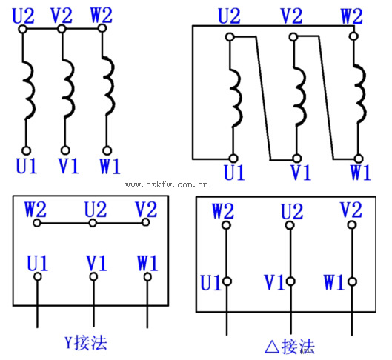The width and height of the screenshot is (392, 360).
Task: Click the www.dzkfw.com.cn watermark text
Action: point(167,184)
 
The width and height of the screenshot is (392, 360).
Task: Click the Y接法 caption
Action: point(86,342)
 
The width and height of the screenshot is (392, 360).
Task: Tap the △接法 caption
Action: point(290,347)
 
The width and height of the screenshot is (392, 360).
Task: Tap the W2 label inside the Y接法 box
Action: point(36,210)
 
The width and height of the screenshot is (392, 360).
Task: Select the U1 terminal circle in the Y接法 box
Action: point(38,276)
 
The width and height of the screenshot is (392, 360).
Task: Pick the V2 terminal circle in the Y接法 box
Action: point(145,222)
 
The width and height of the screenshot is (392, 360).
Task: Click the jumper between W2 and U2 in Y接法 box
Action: point(64,223)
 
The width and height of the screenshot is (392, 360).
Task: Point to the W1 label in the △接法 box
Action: point(333,281)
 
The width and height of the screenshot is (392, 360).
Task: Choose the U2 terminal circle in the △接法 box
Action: point(290,225)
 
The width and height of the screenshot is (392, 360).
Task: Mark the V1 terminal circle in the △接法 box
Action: point(290,281)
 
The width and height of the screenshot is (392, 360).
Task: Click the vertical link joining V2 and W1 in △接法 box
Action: point(352,253)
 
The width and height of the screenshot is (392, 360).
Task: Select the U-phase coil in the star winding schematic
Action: point(29,90)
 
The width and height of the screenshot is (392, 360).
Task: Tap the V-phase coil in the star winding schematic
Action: point(68,88)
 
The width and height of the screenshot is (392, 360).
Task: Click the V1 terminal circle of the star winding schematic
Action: point(65,150)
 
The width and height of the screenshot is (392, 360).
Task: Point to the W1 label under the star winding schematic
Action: point(110,166)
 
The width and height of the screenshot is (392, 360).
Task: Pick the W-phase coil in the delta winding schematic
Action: point(360,93)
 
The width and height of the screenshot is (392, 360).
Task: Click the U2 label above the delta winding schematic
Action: point(229,16)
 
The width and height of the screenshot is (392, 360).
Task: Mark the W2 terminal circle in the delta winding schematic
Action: point(353,36)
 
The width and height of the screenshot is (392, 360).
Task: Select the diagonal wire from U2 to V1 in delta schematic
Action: point(263,99)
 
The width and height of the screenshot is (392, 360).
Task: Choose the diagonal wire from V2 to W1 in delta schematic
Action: point(326,98)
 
